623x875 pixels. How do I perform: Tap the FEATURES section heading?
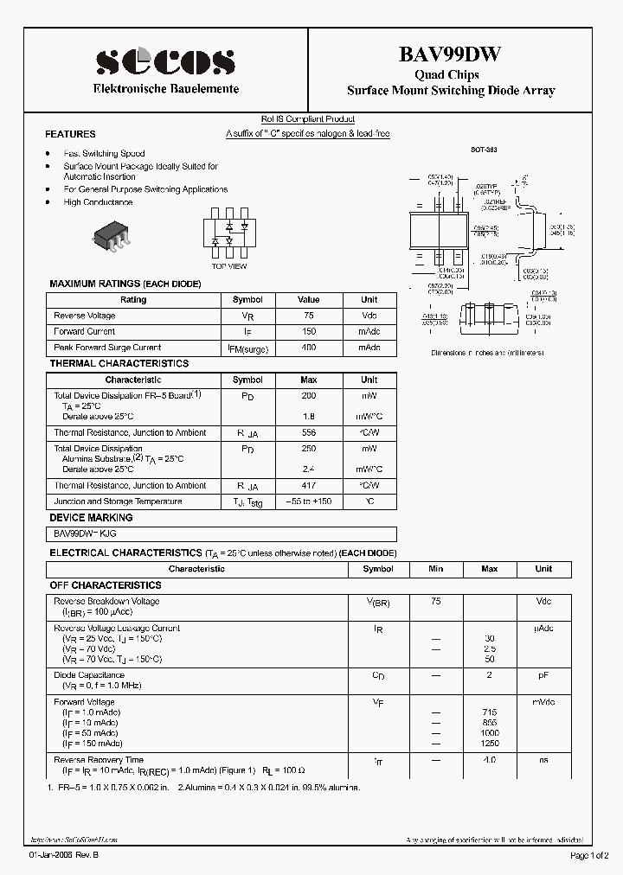click(x=70, y=135)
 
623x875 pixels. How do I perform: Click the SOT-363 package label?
click(x=484, y=150)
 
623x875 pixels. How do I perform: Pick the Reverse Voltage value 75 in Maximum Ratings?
click(x=309, y=316)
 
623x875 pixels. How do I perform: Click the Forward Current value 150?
click(x=309, y=331)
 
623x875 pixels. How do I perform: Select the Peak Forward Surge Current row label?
click(x=107, y=348)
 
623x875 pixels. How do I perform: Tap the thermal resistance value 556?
click(x=309, y=432)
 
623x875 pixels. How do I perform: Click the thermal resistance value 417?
click(x=309, y=486)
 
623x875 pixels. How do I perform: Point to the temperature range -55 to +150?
click(x=309, y=501)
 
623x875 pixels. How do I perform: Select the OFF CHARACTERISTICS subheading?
click(x=106, y=585)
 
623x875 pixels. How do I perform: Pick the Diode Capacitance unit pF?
click(x=543, y=675)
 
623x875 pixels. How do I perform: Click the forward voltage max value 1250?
click(x=490, y=744)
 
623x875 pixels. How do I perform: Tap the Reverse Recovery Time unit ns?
click(x=543, y=760)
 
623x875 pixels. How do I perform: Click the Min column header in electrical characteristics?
click(x=435, y=569)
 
